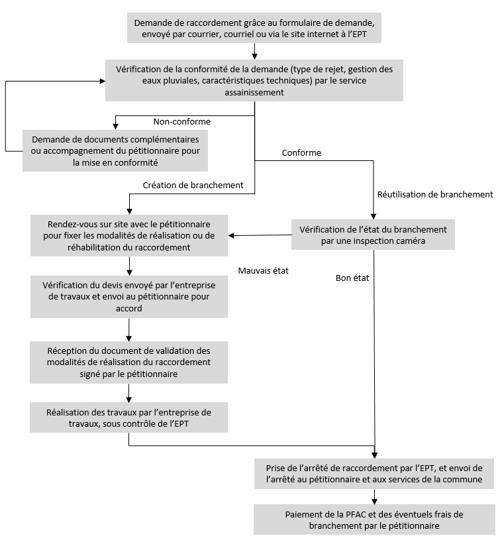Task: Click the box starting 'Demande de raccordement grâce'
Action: coord(254,28)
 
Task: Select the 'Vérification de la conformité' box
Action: coord(254,81)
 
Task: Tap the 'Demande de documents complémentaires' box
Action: coord(115,150)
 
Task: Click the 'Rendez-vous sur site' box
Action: coord(129,236)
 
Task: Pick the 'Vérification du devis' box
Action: coord(129,297)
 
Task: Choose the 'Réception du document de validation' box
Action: coord(128,362)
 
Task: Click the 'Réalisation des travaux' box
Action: coord(128,417)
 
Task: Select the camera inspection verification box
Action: coord(373,235)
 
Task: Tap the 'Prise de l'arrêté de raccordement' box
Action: coord(374,474)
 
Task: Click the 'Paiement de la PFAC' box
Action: coord(374,519)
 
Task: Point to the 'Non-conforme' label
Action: coord(181,121)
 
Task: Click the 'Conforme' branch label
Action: coord(301,152)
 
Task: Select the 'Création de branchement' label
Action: coord(193,186)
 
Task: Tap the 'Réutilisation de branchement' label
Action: coord(435,195)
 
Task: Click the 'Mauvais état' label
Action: coord(264,271)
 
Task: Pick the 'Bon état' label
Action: coord(352,278)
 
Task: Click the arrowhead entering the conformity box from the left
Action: coord(102,81)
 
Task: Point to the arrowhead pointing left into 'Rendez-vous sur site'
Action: coord(231,236)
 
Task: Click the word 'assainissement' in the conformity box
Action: coord(254,92)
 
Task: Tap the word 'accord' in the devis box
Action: coord(129,308)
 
